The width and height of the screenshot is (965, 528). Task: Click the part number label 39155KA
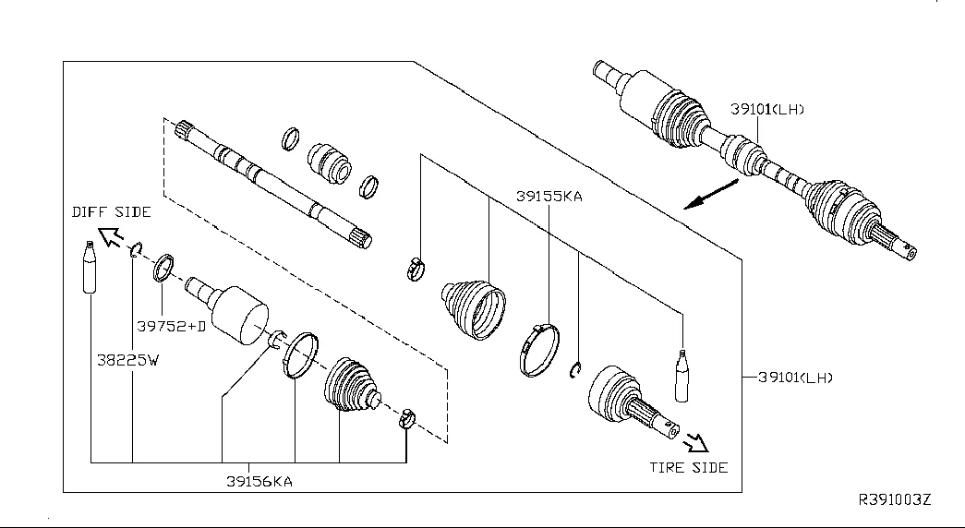pos(549,197)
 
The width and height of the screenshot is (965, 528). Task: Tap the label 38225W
pos(129,360)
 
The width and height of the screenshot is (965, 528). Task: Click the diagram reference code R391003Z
pos(896,499)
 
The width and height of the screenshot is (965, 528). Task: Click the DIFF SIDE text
pos(112,212)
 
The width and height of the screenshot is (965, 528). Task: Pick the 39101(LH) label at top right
pos(767,109)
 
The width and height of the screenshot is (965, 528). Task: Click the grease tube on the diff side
pos(89,267)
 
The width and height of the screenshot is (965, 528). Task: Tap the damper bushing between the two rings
pos(329,162)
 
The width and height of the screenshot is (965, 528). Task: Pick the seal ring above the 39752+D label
pos(164,269)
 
